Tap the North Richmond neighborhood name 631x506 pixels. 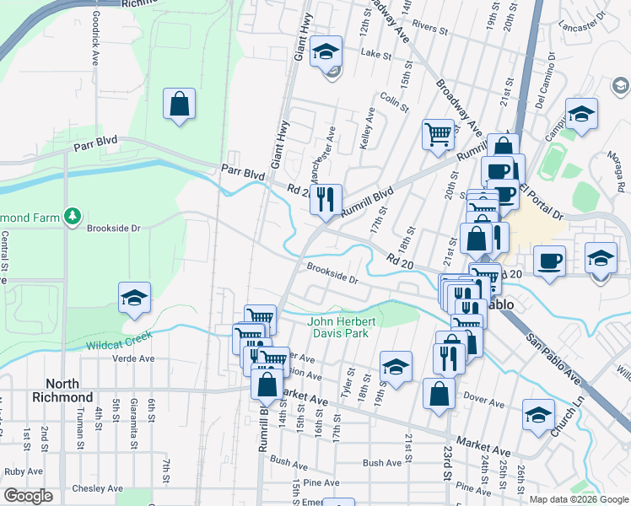pyautogui.click(x=63, y=390)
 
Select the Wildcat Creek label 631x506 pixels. pyautogui.click(x=119, y=341)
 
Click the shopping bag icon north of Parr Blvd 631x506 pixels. pyautogui.click(x=180, y=105)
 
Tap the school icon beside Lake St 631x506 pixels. pyautogui.click(x=326, y=53)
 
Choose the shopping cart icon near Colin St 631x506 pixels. pyautogui.click(x=438, y=134)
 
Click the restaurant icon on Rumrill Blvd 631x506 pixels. pyautogui.click(x=326, y=201)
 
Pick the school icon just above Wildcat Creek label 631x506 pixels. pyautogui.click(x=134, y=299)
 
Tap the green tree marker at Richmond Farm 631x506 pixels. pyautogui.click(x=73, y=218)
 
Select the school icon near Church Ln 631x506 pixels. pyautogui.click(x=538, y=415)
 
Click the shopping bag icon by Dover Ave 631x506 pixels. pyautogui.click(x=439, y=394)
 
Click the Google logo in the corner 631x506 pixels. pyautogui.click(x=29, y=496)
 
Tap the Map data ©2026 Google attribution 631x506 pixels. pyautogui.click(x=579, y=498)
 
